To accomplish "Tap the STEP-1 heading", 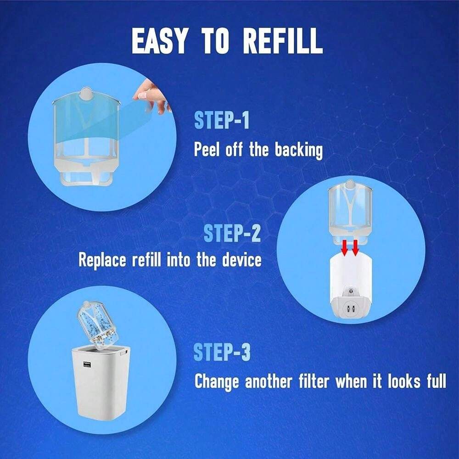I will (222, 120).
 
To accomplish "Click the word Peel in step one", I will (207, 150).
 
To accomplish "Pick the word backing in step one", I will (299, 150).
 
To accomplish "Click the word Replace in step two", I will (102, 260).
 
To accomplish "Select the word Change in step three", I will (217, 381).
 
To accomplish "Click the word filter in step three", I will (308, 381).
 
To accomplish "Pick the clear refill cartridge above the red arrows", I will (350, 209).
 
